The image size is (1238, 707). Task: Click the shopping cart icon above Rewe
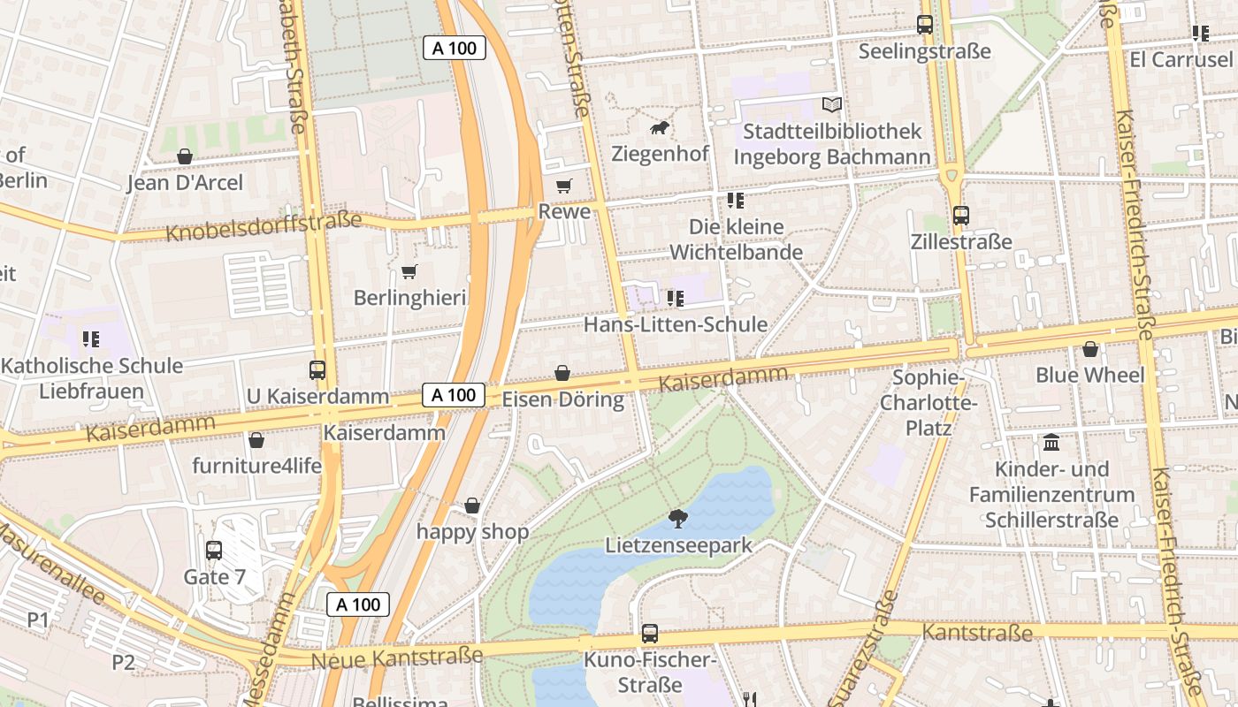[563, 186]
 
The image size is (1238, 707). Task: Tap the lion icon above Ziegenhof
[660, 128]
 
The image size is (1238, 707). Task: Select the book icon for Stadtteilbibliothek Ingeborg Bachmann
[831, 105]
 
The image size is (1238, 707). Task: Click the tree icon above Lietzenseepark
[678, 519]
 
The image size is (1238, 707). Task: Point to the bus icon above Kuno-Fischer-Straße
[650, 634]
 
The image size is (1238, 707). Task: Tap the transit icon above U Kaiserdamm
[317, 370]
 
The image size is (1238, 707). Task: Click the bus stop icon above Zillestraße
[961, 215]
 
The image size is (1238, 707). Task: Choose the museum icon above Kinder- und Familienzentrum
[1051, 442]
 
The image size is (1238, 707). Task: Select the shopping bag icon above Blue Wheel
[1089, 349]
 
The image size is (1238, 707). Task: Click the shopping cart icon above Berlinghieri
[409, 271]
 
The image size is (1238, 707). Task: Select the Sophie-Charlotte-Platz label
[928, 403]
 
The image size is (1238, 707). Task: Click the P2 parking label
[123, 662]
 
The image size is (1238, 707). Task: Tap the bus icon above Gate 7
[214, 551]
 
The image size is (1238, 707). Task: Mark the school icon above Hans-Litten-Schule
[676, 299]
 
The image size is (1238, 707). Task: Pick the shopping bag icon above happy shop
[472, 506]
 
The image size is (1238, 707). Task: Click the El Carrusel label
[1181, 59]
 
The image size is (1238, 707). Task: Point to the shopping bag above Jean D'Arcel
[185, 157]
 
